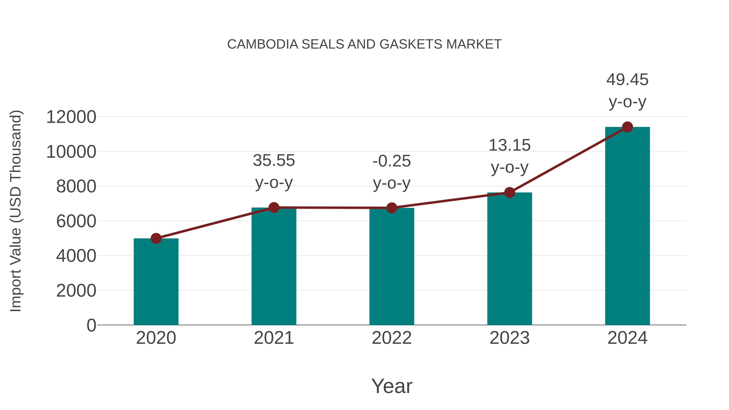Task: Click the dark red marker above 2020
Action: point(156,238)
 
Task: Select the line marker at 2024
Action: point(627,127)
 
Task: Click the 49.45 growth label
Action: point(627,80)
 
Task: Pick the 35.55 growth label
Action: point(274,160)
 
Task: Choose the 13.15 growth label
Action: point(509,145)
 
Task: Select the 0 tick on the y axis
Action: point(91,325)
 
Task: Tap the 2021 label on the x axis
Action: point(274,338)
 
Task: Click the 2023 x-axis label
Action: point(509,338)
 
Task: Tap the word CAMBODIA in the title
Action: point(263,44)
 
